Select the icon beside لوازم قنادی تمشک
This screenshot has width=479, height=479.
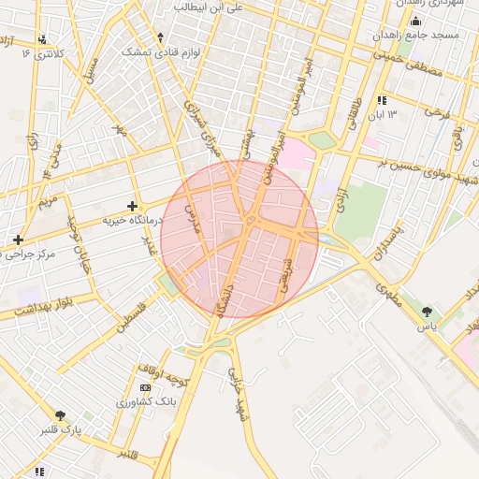160,38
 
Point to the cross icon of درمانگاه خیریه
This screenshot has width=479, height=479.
132,205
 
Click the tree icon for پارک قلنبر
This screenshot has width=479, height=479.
61,415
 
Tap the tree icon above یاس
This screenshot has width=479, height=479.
428,312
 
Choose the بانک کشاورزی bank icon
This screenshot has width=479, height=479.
145,387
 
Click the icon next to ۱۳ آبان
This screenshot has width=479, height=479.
382,100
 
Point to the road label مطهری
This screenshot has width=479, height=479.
389,298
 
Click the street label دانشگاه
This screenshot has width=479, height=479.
230,295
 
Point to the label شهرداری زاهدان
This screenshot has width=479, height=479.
431,5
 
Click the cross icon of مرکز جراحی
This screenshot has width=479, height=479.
18,239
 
